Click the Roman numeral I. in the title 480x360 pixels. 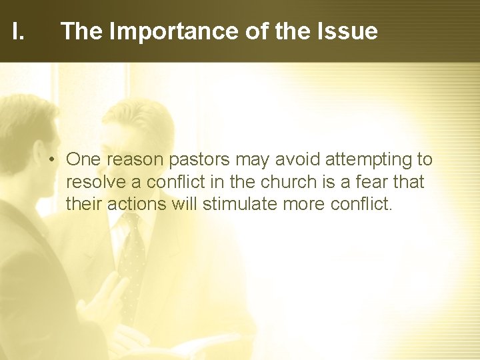point(18,31)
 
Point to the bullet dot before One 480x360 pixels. point(52,161)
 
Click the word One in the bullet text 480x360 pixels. point(83,160)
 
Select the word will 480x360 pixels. point(186,203)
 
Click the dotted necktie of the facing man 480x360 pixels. point(131,260)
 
